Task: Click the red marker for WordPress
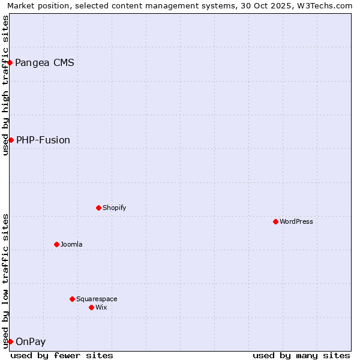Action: click(x=275, y=221)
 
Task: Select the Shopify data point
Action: click(x=98, y=208)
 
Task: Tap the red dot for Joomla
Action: click(x=56, y=244)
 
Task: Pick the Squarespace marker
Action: click(x=72, y=299)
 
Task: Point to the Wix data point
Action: click(x=91, y=307)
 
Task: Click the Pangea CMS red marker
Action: click(x=10, y=62)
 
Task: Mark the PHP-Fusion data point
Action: click(x=11, y=140)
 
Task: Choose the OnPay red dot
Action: click(x=10, y=341)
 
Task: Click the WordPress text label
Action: click(x=296, y=221)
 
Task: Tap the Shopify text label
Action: click(x=114, y=208)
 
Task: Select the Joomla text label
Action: click(x=71, y=244)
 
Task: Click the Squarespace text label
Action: click(x=97, y=299)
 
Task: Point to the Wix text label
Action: click(x=101, y=307)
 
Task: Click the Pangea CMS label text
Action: click(x=44, y=62)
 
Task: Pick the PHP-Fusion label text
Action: click(x=43, y=140)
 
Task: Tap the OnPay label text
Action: click(x=31, y=341)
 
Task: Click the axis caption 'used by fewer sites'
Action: click(x=62, y=355)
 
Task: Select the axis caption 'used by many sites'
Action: click(x=301, y=355)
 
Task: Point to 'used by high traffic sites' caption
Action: click(x=5, y=85)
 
